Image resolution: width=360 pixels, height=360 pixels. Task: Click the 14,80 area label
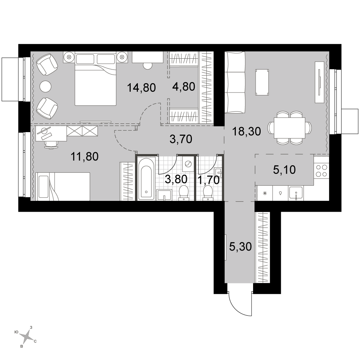coord(141,88)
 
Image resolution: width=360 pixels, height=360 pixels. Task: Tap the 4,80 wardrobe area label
coord(184,86)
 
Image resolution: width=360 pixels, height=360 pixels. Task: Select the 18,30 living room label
coord(246,131)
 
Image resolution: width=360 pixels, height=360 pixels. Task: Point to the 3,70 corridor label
coord(181,139)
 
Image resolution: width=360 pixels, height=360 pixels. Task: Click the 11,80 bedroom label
coord(85,157)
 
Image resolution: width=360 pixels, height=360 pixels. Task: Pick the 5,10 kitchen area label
coord(284,170)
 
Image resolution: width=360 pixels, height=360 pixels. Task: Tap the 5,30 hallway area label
coord(240,247)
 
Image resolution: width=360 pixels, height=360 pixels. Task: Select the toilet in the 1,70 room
coord(208,192)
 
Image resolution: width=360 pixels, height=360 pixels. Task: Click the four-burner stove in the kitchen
coord(321,171)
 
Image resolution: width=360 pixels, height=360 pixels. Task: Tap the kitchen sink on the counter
coord(296,194)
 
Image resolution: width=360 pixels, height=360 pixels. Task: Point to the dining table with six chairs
coord(290,128)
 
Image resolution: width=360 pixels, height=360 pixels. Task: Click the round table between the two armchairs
coord(45,86)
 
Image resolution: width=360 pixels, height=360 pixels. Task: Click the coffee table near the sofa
coord(262,82)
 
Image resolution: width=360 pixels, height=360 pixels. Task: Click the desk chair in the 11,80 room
coord(51,144)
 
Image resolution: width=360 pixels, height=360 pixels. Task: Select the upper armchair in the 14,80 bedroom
coord(47,64)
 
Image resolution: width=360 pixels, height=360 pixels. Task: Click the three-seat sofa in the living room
coord(235,82)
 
